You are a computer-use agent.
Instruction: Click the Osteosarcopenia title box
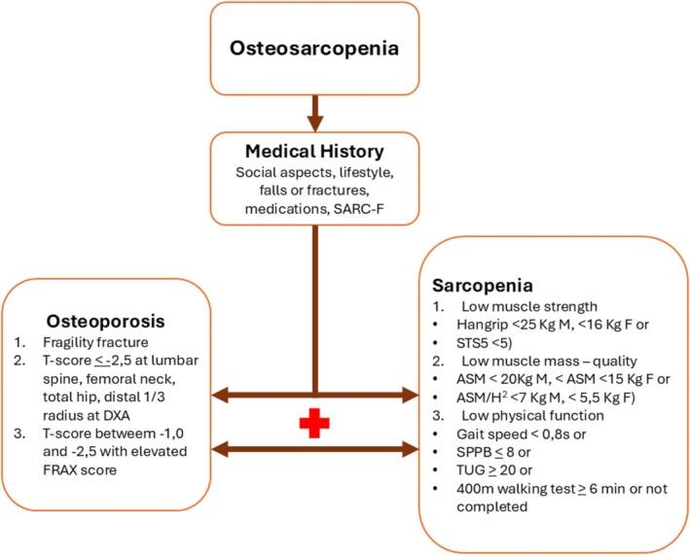tap(314, 47)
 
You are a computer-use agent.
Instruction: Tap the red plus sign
tap(313, 423)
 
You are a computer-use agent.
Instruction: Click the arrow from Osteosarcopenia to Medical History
tap(313, 113)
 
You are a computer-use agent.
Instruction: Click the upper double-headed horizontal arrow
tap(313, 394)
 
